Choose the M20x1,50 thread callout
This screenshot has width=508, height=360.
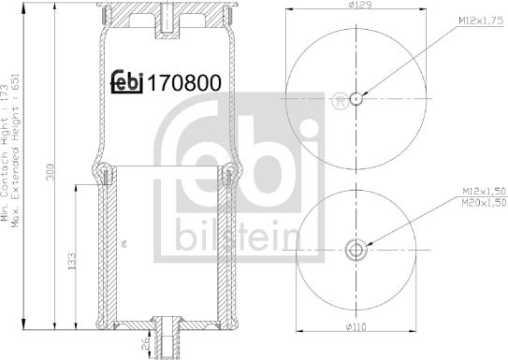click(x=480, y=202)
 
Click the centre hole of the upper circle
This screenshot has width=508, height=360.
click(x=357, y=97)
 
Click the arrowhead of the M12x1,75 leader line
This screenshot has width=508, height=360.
click(x=361, y=94)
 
